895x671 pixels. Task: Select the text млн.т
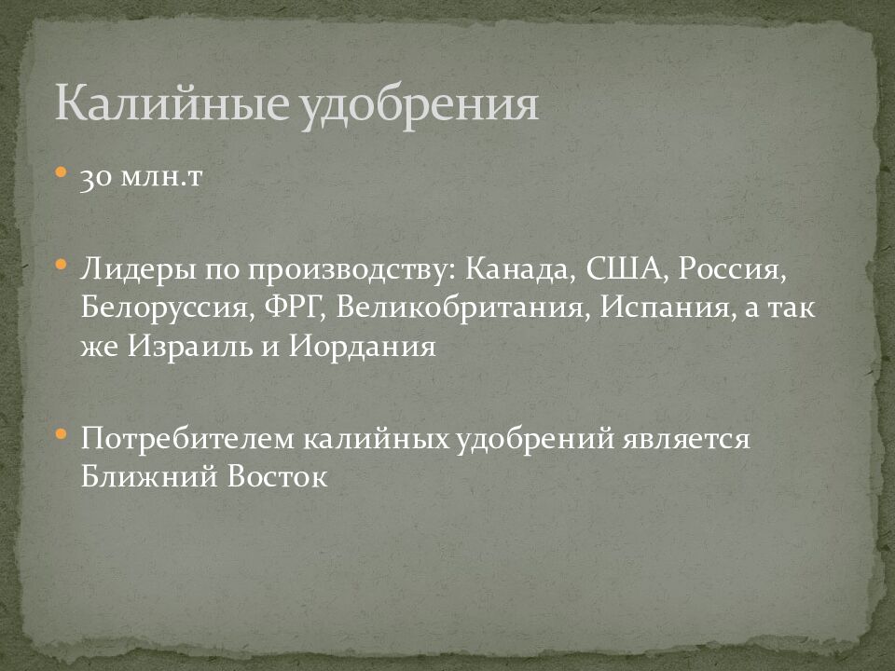point(163,179)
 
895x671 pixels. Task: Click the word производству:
point(352,271)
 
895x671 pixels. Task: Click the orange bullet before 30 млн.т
point(61,173)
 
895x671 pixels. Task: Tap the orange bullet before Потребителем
point(61,433)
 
